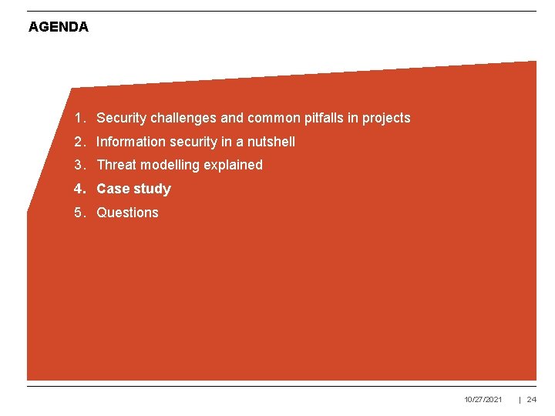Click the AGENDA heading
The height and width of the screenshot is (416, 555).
(59, 27)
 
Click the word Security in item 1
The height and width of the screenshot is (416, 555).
(122, 118)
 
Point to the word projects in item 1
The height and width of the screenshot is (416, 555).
(386, 118)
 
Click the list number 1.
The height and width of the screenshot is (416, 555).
(79, 118)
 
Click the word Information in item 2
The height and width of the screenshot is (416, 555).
(130, 142)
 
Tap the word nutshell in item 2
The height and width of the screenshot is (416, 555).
(271, 142)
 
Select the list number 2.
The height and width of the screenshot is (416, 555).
(79, 142)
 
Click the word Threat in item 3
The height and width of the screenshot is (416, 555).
(116, 165)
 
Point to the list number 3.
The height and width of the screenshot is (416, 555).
(79, 165)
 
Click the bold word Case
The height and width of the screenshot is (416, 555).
(113, 189)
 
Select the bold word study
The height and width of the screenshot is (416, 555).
(152, 189)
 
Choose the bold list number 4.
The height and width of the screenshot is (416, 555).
(79, 189)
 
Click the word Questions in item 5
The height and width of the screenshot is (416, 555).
(127, 213)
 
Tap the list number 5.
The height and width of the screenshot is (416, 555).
(79, 213)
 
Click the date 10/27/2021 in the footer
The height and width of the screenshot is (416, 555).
(483, 400)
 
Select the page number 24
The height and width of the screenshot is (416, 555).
(531, 400)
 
